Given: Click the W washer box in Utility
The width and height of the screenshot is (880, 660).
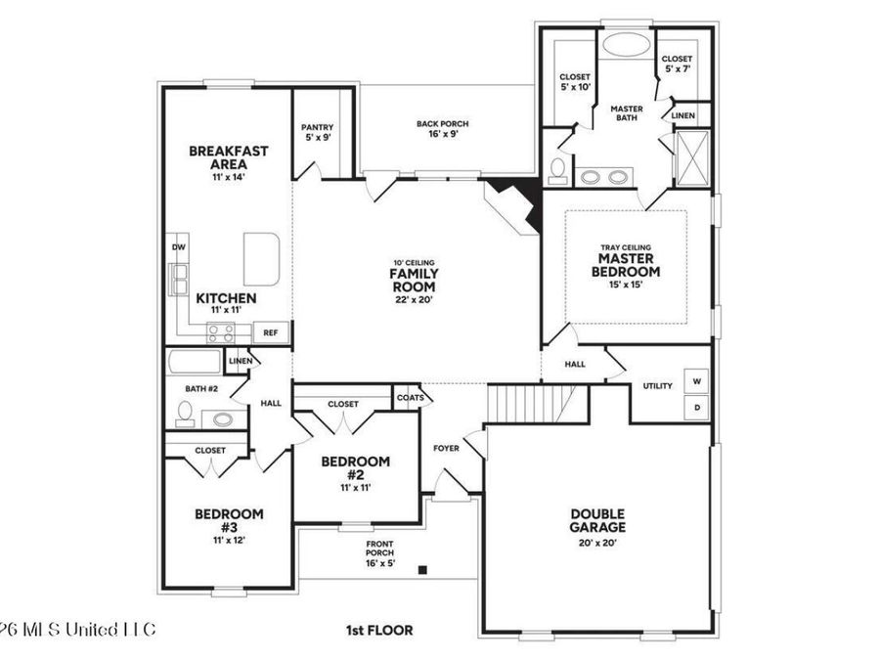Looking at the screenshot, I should (697, 380).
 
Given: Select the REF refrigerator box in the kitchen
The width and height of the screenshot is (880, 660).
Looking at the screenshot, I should (271, 333).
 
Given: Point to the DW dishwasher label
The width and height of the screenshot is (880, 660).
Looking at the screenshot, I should (179, 247).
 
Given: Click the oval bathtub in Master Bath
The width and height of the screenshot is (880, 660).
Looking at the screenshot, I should (624, 45).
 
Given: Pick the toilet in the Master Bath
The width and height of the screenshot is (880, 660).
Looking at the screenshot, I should (557, 169).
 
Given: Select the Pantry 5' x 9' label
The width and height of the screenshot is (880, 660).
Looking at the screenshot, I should (317, 132).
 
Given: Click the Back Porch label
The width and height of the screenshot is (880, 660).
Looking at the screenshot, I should (442, 129).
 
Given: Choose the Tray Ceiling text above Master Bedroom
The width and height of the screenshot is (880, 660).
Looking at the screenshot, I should (626, 247).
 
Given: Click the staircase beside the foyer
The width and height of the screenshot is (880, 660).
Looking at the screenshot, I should (528, 401).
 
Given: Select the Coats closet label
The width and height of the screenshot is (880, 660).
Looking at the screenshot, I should (410, 398).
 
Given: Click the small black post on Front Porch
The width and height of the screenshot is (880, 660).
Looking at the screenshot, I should (422, 569).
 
